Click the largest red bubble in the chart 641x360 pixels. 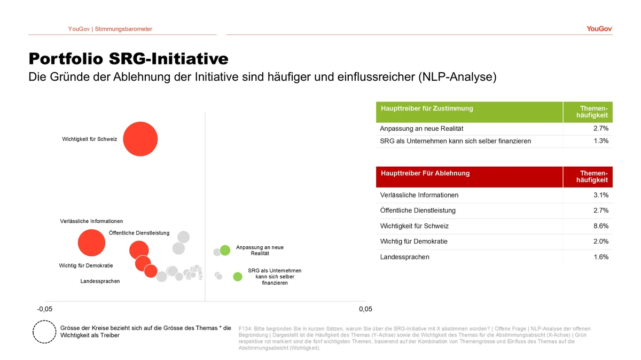coord(140,139)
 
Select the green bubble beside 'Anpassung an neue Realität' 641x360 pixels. coord(225,250)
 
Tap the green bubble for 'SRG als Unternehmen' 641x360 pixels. coord(238,277)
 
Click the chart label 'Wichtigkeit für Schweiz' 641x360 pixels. coord(90,139)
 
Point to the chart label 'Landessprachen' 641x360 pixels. coord(100,281)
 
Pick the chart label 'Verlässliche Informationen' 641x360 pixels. coord(91,221)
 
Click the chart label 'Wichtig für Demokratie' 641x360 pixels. coord(86,265)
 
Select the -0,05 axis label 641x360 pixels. coord(45,309)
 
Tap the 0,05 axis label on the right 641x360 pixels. coord(365,309)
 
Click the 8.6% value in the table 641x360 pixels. coord(601,226)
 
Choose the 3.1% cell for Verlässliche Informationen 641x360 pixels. coord(601,195)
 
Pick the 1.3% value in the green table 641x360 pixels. coord(601,141)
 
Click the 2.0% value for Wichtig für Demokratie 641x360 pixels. coord(601,241)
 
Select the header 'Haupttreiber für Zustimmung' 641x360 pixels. coord(427,108)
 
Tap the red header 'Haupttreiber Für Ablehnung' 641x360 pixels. coord(425,173)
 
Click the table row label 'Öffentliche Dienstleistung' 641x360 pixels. coord(418,210)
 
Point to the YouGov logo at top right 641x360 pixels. coord(599,29)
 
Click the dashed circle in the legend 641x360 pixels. coord(44,332)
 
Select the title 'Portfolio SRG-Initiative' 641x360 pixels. coord(128,58)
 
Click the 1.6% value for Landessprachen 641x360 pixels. coord(601,257)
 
